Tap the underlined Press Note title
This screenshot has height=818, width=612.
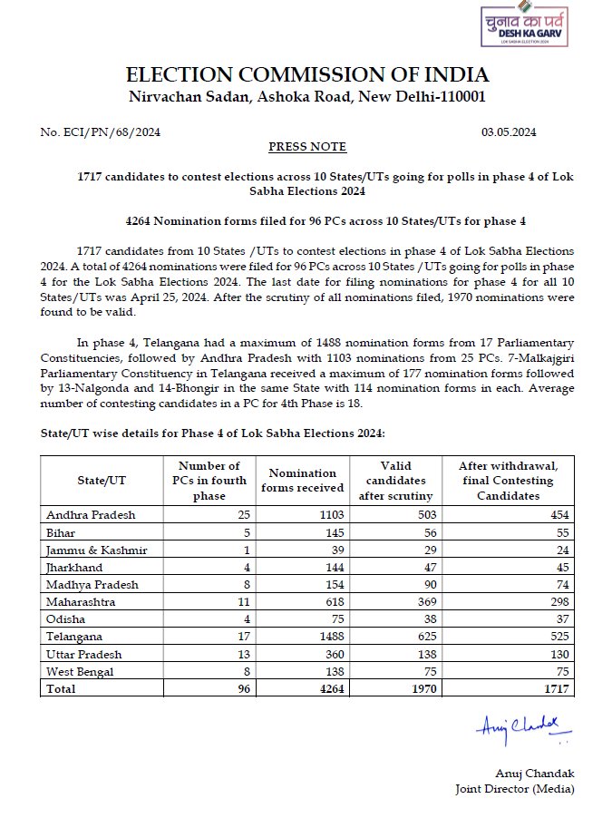pos(307,147)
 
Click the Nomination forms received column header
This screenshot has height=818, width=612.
pos(302,480)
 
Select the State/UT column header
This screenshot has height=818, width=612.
pos(102,481)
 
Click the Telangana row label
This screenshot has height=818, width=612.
pos(73,637)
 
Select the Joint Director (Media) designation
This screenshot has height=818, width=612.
pos(514,788)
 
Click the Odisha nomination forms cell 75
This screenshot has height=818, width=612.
pos(334,619)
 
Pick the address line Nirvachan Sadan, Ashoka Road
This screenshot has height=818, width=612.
pos(307,96)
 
